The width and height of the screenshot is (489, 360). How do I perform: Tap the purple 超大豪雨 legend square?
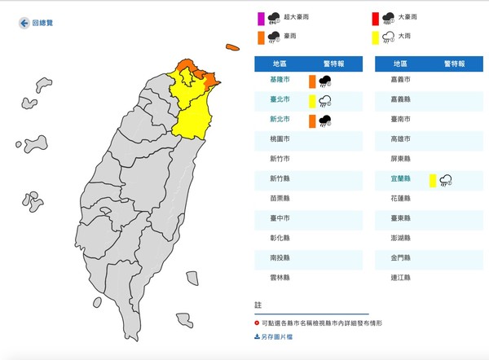pos(261,17)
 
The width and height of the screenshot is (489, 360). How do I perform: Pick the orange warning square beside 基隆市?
pos(312,81)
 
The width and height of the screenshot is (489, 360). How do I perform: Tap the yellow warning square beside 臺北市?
pos(312,101)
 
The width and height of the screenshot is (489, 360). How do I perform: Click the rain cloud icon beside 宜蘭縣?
pos(445,180)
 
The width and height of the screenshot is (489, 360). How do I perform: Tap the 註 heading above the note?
pos(258,305)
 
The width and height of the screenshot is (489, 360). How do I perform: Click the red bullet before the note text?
pos(258,323)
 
